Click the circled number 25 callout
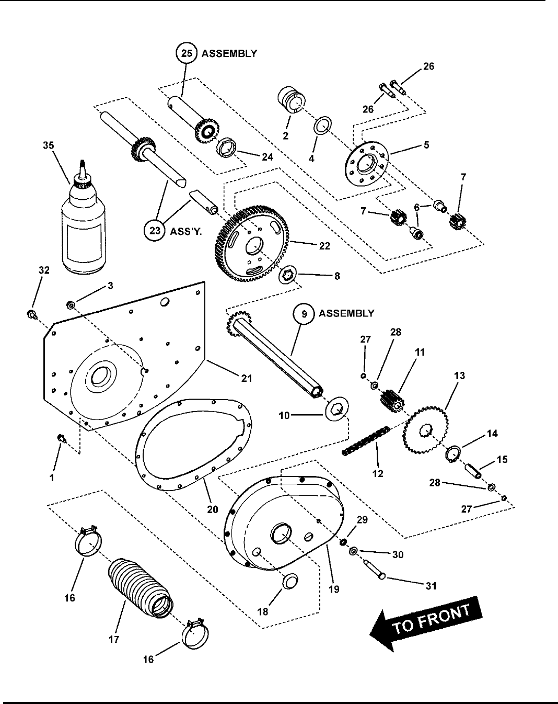[x=185, y=53]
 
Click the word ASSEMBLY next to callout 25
[x=229, y=53]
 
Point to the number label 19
[x=334, y=589]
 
